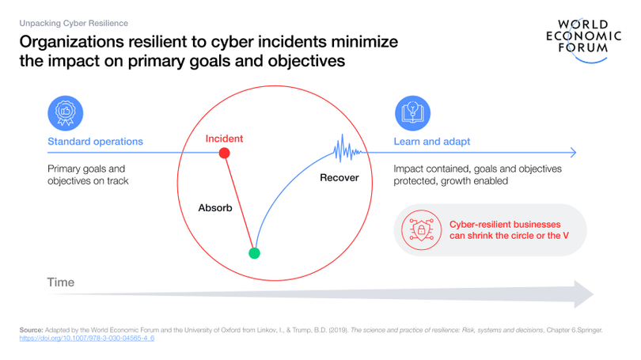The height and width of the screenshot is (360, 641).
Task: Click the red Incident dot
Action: pos(224,153)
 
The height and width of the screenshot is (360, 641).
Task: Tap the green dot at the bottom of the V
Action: pos(254,253)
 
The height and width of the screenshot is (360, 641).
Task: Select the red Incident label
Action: pos(224,138)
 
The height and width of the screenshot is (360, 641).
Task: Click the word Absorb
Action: pos(215,207)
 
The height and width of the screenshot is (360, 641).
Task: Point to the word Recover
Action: pos(339,178)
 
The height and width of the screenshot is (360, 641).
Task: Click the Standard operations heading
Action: pos(95,142)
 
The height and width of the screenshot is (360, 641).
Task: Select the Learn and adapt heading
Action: pos(432,142)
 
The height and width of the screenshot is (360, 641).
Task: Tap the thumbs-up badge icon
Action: pos(66,113)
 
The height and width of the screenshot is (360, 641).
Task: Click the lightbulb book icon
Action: pos(412,113)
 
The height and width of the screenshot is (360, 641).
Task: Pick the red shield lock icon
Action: pos(422,230)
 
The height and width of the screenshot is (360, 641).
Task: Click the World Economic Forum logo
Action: pos(583,40)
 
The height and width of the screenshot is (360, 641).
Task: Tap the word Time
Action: pos(60,282)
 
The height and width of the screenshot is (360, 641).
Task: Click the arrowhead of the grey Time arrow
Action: pos(584,294)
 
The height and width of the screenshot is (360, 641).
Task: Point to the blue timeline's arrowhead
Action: pos(573,153)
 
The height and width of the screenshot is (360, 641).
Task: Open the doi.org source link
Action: pos(87,339)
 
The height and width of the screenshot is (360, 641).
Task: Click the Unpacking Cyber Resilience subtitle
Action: pos(74,23)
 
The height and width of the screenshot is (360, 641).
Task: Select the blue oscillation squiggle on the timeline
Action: pos(347,149)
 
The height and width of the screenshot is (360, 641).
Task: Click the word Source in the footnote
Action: pos(31,330)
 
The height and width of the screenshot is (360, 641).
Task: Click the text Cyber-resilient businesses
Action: pos(505,225)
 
